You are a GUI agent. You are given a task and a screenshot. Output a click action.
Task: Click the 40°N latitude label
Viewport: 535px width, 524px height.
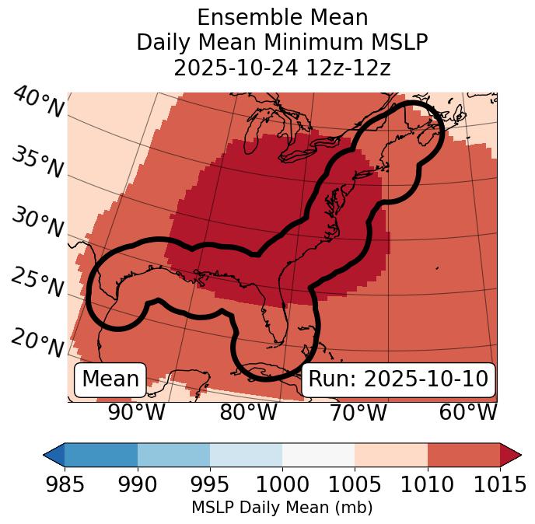pyautogui.click(x=38, y=103)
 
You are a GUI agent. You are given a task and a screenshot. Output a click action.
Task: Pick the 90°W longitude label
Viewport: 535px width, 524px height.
pyautogui.click(x=137, y=413)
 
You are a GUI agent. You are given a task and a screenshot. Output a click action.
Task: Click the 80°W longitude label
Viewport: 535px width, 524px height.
pyautogui.click(x=248, y=413)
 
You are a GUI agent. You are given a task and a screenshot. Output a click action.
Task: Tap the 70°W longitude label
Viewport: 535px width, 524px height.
pyautogui.click(x=358, y=413)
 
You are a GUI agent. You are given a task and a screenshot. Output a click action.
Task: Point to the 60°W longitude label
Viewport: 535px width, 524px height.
pyautogui.click(x=468, y=413)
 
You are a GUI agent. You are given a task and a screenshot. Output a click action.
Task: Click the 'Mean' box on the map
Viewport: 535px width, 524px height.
pyautogui.click(x=110, y=379)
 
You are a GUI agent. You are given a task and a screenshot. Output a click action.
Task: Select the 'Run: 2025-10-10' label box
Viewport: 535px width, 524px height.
pyautogui.click(x=398, y=379)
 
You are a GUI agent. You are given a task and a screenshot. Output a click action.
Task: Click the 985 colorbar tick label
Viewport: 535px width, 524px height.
pyautogui.click(x=65, y=485)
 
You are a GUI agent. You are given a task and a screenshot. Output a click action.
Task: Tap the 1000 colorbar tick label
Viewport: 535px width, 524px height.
pyautogui.click(x=282, y=485)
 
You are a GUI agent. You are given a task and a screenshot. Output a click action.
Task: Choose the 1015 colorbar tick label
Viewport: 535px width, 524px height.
pyautogui.click(x=499, y=485)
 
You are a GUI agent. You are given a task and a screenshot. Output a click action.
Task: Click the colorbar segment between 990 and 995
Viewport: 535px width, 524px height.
pyautogui.click(x=173, y=454)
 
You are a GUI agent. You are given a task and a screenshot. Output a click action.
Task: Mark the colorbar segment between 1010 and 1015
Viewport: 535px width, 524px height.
pyautogui.click(x=463, y=454)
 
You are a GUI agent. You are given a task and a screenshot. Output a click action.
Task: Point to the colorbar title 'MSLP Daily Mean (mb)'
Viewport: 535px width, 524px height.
pyautogui.click(x=281, y=508)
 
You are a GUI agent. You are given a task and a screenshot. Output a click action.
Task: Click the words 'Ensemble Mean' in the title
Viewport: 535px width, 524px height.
pyautogui.click(x=281, y=17)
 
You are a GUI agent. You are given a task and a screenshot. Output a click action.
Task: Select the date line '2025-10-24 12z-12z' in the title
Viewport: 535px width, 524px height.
pyautogui.click(x=281, y=68)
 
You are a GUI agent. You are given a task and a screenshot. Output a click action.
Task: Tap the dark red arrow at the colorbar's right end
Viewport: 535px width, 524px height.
pyautogui.click(x=510, y=454)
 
